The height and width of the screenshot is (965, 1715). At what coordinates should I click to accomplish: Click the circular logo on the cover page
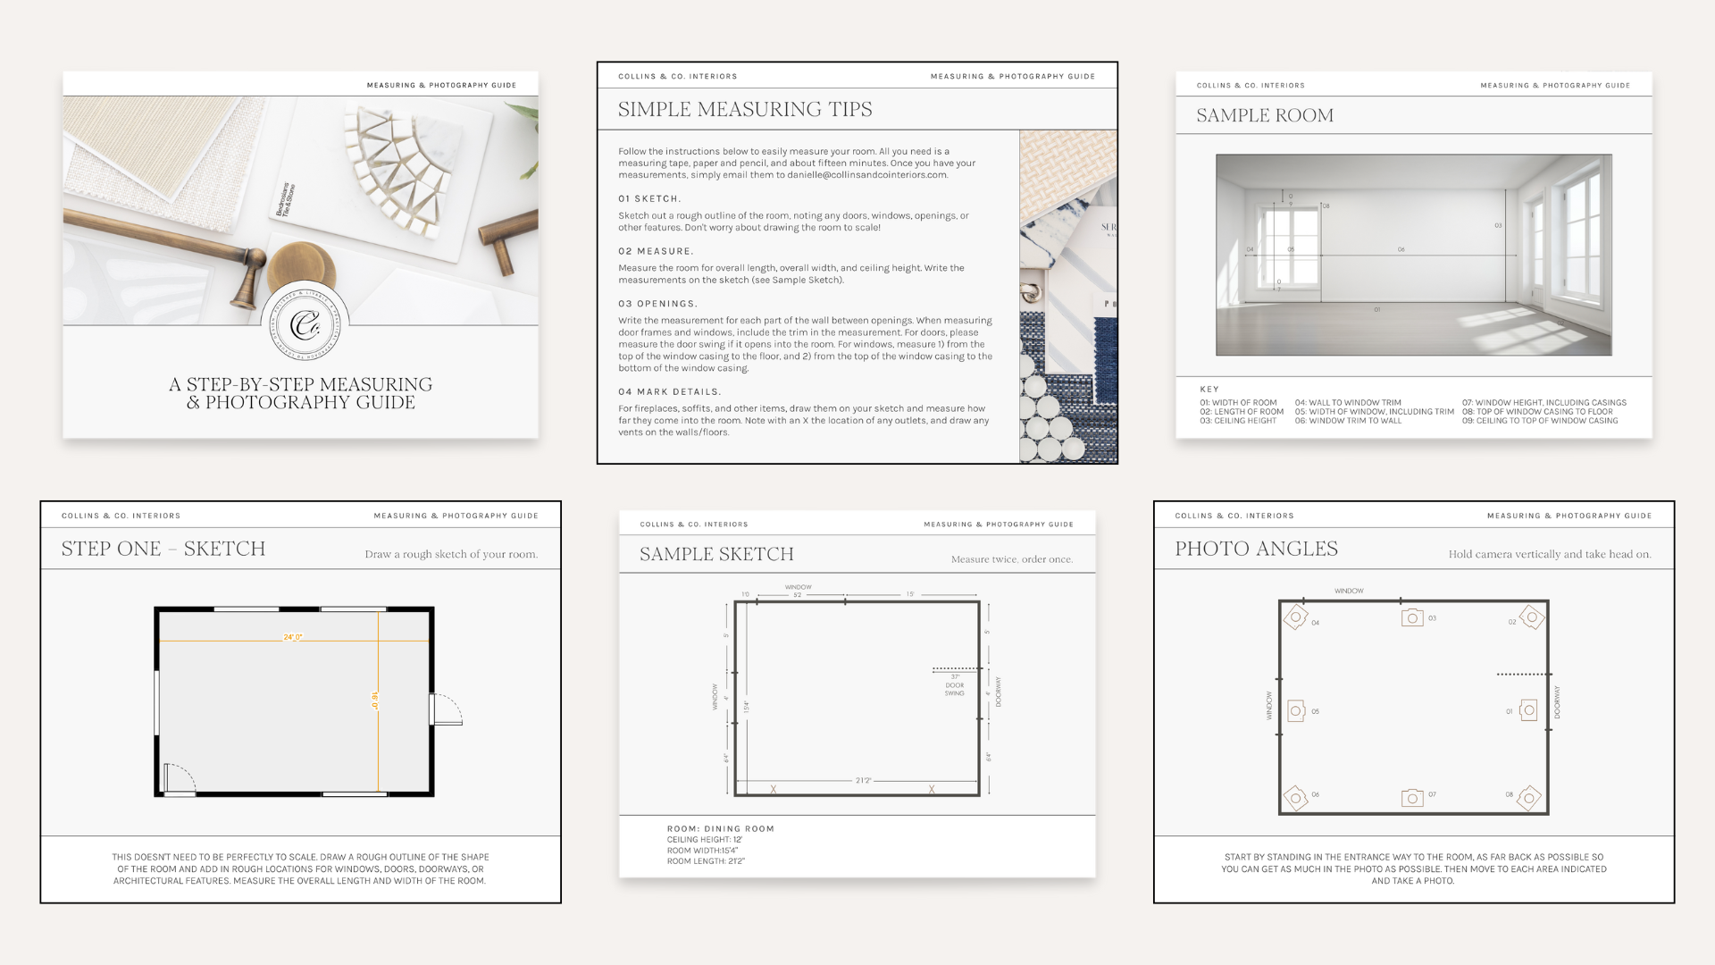tap(304, 323)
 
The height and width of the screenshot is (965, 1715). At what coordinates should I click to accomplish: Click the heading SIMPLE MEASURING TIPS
tap(745, 109)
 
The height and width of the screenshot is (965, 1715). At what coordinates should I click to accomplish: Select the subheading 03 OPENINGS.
tap(657, 304)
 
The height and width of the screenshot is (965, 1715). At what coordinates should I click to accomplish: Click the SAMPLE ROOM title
tap(1265, 115)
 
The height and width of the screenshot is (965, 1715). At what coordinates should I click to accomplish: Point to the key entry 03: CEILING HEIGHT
tap(1238, 421)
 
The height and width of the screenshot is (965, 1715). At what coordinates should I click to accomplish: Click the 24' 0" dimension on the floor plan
tap(293, 637)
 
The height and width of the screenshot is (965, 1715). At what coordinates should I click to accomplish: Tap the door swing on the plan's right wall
tap(447, 709)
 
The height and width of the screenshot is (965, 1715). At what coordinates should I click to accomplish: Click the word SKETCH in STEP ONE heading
tap(224, 549)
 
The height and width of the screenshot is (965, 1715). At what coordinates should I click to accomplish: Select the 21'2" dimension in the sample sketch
tap(863, 780)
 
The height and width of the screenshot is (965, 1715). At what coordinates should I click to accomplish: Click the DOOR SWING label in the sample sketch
tap(955, 689)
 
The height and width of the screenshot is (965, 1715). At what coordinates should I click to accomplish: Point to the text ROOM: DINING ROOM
tap(720, 828)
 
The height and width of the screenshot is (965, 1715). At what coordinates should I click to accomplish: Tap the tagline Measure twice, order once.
tap(1011, 559)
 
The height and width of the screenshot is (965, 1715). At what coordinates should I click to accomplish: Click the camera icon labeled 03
tap(1412, 617)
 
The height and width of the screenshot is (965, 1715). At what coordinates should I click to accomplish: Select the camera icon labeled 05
tap(1296, 711)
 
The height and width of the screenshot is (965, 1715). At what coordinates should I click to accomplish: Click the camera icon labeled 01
tap(1528, 711)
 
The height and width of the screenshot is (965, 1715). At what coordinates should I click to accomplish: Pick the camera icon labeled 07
tap(1412, 797)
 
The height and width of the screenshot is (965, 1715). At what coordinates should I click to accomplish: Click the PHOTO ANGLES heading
tap(1256, 549)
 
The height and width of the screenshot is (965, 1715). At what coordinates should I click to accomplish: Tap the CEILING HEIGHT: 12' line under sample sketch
tap(705, 840)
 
